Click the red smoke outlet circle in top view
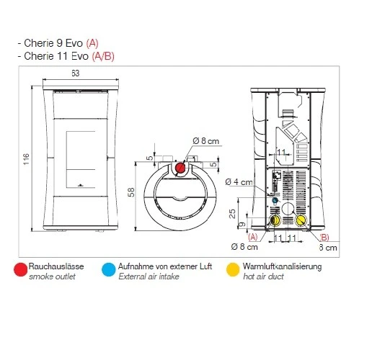pos(180,168)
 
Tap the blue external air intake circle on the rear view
pos(275,200)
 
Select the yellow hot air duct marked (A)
pos(275,220)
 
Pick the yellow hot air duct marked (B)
pos(301,220)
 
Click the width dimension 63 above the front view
pos(76,73)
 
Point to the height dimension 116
pos(26,159)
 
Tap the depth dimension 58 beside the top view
pos(131,192)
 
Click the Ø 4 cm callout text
pos(239,182)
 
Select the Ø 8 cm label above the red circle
pos(206,141)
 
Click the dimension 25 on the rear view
pos(232,214)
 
